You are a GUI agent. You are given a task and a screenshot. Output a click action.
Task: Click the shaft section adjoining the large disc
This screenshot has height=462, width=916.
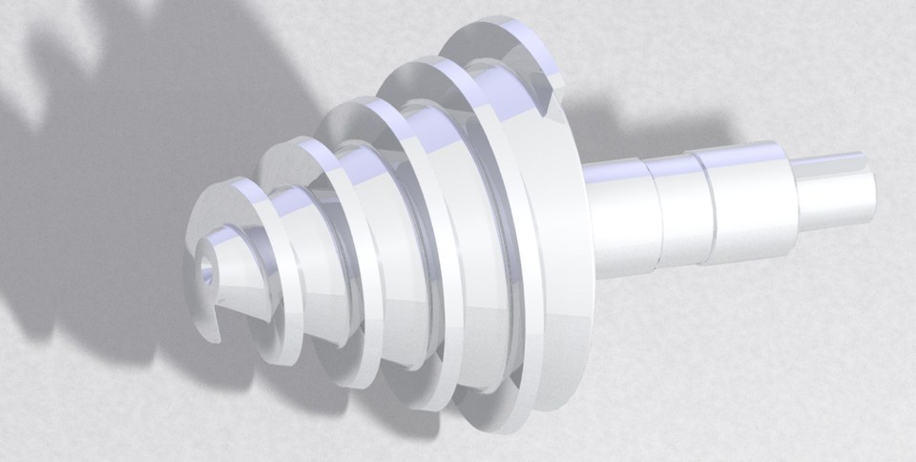(618, 214)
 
